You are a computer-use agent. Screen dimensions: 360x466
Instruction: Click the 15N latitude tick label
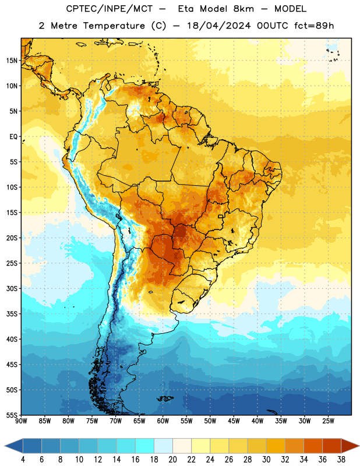(x=12, y=61)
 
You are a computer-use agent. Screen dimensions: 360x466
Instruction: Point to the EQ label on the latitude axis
(x=13, y=137)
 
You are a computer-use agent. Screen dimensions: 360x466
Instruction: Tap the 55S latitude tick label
(x=12, y=415)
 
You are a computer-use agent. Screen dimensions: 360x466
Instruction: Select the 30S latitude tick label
(x=12, y=288)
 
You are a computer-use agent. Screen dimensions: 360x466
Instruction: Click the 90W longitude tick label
(x=21, y=421)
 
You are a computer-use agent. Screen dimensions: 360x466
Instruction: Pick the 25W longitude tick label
(x=328, y=421)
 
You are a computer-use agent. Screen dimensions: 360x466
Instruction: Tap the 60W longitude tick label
(x=163, y=421)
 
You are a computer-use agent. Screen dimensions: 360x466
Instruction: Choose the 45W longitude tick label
(x=234, y=421)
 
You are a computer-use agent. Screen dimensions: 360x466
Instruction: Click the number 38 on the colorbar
(x=341, y=460)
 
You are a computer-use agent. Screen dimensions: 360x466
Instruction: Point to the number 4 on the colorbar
(x=23, y=460)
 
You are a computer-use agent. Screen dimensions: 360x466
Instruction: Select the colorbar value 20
(x=172, y=460)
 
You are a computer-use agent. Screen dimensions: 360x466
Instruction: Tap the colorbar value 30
(x=266, y=460)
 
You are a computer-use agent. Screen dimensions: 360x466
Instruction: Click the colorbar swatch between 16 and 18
(x=144, y=446)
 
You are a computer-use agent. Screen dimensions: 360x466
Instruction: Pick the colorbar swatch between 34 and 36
(x=313, y=446)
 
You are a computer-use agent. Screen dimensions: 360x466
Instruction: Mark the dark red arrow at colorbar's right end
(x=350, y=446)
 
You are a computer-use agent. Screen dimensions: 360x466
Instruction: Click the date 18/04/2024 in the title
(x=219, y=26)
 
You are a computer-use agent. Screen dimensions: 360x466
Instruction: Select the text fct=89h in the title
(x=314, y=26)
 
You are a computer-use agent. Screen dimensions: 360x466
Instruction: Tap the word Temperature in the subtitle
(x=114, y=26)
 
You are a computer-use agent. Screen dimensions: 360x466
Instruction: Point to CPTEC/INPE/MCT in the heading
(x=109, y=9)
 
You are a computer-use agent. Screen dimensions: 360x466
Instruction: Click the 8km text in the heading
(x=243, y=9)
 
